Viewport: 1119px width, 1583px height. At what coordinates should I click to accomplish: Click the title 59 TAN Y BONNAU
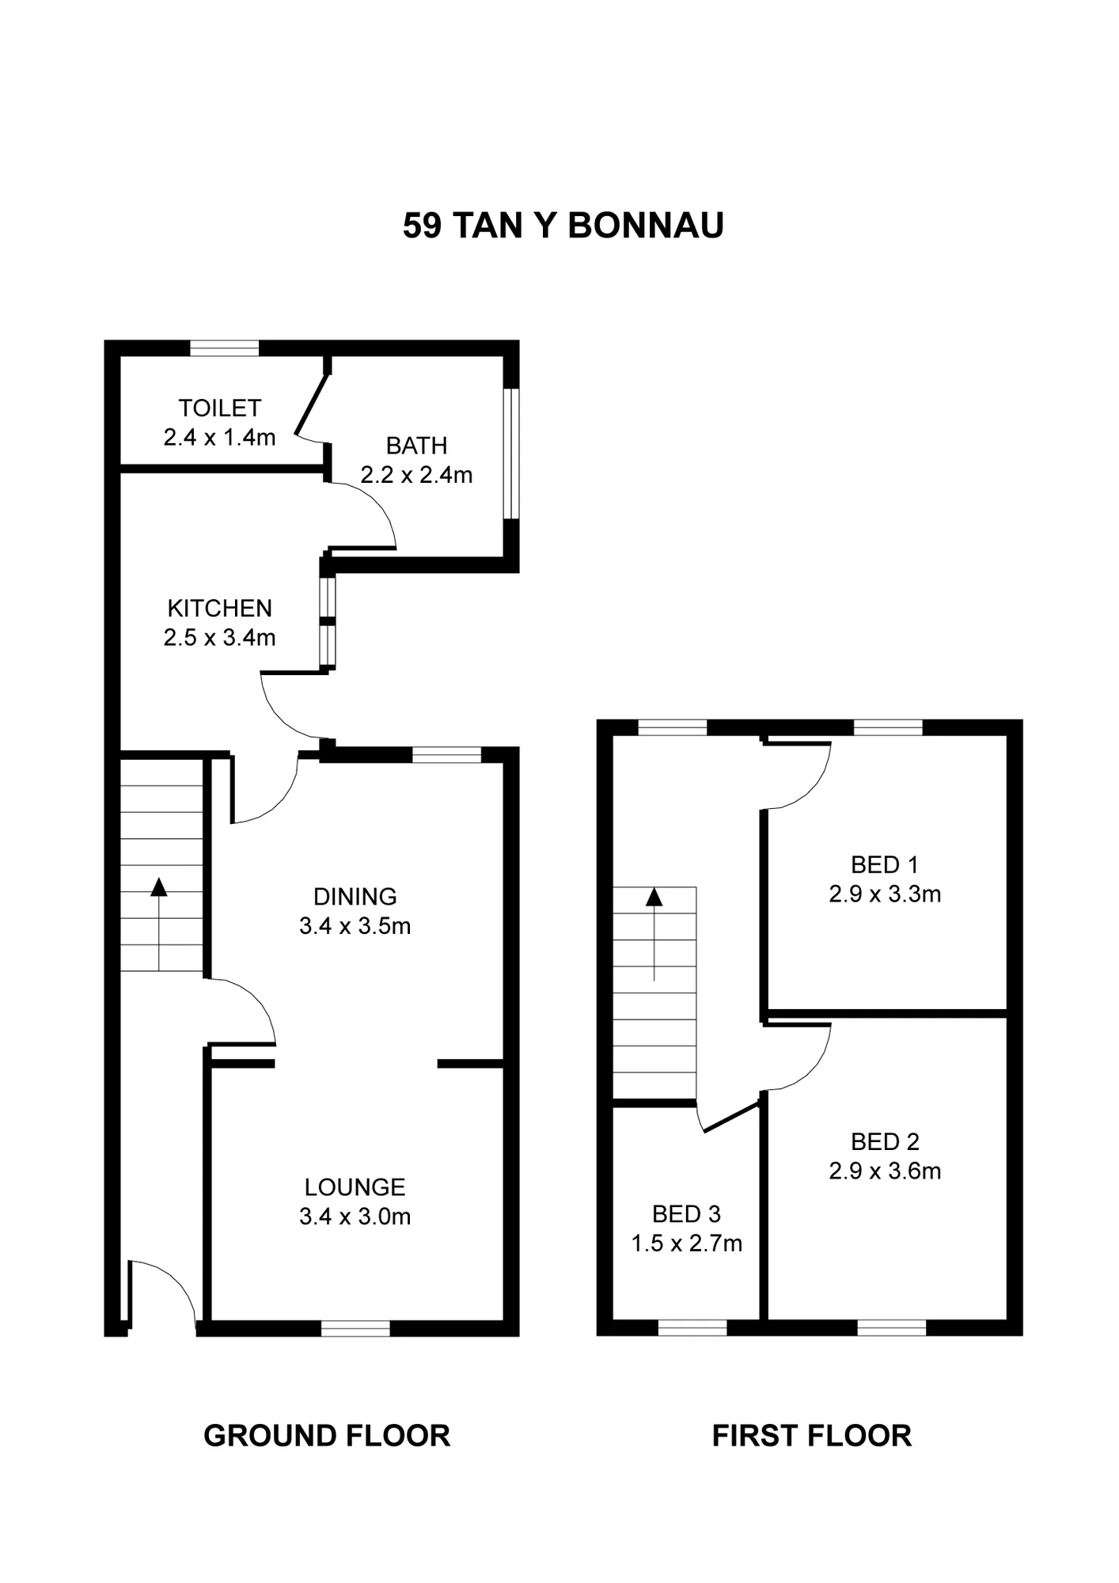(x=563, y=226)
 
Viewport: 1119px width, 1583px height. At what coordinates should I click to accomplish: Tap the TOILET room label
(x=219, y=408)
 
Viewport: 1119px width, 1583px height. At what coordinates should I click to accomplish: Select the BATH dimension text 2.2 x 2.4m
(x=416, y=475)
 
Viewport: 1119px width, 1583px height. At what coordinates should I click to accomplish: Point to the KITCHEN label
(x=219, y=608)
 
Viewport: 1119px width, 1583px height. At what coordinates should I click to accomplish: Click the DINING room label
(x=355, y=897)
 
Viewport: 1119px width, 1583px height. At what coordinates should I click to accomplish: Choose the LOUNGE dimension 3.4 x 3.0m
(x=355, y=1217)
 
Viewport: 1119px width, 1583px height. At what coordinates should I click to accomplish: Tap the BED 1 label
(x=884, y=865)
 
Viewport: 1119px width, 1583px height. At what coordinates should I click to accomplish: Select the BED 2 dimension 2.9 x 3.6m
(x=885, y=1171)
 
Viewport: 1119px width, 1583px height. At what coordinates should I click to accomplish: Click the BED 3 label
(x=686, y=1214)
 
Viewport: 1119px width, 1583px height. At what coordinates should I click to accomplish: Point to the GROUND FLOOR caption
(x=327, y=1436)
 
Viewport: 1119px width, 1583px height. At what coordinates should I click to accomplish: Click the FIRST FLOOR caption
(x=811, y=1436)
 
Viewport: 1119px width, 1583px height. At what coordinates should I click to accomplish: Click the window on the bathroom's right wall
(x=512, y=453)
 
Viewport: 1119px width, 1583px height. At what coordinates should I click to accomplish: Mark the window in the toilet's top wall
(x=224, y=348)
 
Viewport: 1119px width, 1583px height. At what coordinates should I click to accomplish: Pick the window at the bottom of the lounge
(x=355, y=1328)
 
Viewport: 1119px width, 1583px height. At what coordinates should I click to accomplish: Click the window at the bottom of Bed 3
(x=692, y=1328)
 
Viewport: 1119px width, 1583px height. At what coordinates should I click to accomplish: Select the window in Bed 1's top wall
(x=888, y=727)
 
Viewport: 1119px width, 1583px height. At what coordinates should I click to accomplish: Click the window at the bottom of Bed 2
(x=891, y=1328)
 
